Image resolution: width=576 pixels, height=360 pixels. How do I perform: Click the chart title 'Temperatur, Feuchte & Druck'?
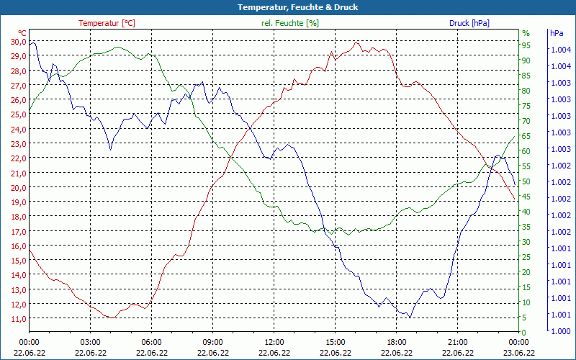[288, 7]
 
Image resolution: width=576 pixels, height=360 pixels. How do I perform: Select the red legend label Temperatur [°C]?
[107, 23]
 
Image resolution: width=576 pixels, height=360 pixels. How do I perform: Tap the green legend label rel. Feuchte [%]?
[289, 23]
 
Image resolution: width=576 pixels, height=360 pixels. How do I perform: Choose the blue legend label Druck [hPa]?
[469, 23]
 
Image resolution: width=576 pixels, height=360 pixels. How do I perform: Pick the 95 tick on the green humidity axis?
[526, 45]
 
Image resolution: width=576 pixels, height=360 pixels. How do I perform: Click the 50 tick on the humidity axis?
[526, 181]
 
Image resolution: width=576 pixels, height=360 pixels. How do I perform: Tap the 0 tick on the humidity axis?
[524, 333]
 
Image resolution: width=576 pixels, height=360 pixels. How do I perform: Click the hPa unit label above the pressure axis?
[557, 33]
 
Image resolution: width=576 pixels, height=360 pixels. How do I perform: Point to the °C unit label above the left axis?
[22, 33]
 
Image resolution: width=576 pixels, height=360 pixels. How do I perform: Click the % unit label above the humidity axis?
[526, 33]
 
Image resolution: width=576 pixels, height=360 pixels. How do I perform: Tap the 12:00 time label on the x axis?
[274, 342]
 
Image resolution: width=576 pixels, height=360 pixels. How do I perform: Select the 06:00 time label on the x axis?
[151, 342]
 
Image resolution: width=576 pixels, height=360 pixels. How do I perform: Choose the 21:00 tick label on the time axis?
[457, 342]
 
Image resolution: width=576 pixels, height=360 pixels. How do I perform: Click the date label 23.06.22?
[518, 353]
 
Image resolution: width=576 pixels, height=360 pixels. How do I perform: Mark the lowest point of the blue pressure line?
[410, 318]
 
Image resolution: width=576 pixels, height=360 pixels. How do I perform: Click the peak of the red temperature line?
[357, 42]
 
